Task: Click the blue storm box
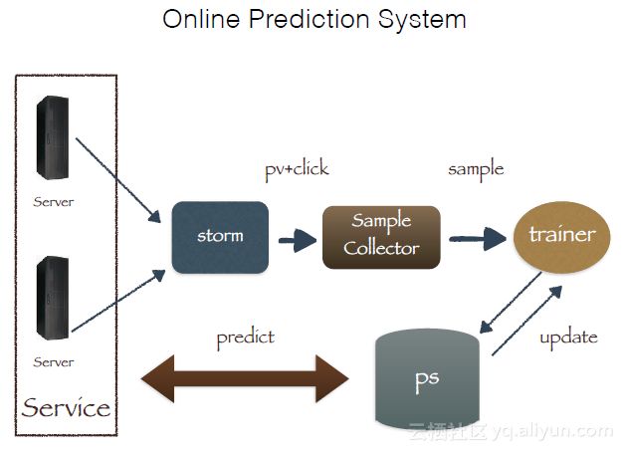click(x=220, y=237)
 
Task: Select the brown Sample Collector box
click(x=381, y=236)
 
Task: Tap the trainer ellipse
click(x=561, y=235)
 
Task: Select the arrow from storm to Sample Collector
click(x=296, y=239)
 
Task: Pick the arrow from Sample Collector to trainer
click(x=478, y=239)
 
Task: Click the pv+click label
click(x=297, y=169)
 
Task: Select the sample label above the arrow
click(x=476, y=169)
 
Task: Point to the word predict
click(x=245, y=338)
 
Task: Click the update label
click(x=568, y=337)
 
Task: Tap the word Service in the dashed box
click(x=66, y=407)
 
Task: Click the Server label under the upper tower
click(x=53, y=202)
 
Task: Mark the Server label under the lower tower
click(x=53, y=361)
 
